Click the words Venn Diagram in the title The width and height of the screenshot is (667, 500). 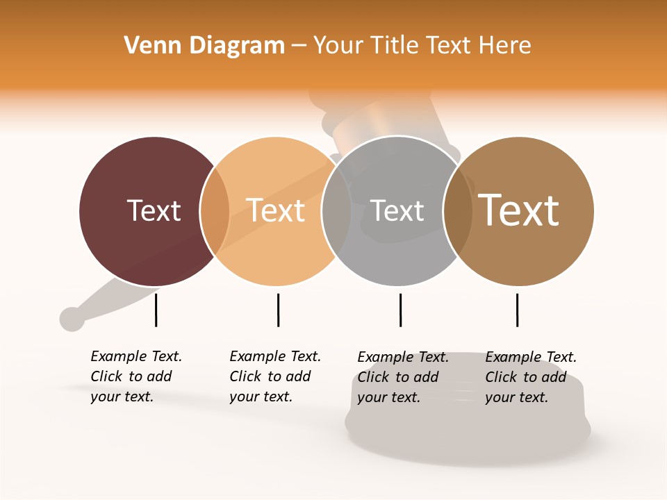pos(204,46)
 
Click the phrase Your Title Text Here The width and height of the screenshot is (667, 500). pos(422,46)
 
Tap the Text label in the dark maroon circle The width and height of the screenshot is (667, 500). pos(154,210)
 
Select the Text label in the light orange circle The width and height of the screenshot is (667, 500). pos(276,210)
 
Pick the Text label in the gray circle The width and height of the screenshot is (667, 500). pos(397,210)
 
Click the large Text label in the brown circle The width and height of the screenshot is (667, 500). pos(519,210)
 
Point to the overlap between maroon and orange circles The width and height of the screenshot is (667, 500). pos(215,211)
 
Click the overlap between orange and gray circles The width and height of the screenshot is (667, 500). pos(336,211)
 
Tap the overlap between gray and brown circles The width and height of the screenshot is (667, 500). pos(458,211)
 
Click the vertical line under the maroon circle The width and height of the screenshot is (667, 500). pos(156,310)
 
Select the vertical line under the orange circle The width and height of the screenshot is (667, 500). pos(278,310)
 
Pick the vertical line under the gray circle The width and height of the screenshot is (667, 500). pos(400,310)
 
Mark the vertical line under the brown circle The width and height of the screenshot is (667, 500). pos(517,310)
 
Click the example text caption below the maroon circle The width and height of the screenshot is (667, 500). pos(135,376)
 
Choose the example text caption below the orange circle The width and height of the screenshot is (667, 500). pos(274,376)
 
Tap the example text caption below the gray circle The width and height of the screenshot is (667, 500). pos(402,377)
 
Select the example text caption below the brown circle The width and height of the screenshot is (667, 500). pos(530,377)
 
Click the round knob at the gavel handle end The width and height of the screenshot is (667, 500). pos(72,319)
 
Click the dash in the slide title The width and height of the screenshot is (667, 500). pos(299,47)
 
